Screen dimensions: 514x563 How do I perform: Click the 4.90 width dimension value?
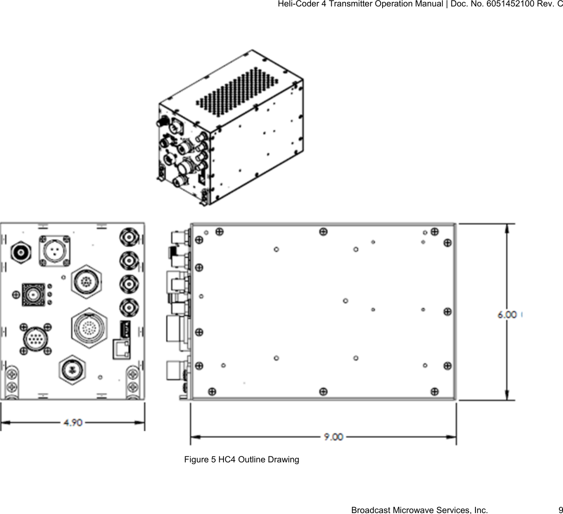tap(73, 422)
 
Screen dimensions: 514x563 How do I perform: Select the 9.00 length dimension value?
tap(333, 437)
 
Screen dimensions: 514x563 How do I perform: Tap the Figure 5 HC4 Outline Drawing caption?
tap(241, 460)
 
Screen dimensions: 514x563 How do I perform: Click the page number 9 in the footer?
tap(560, 510)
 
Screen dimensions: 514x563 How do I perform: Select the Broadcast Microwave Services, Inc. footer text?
tap(419, 510)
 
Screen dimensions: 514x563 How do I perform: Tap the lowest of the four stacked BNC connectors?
tap(129, 307)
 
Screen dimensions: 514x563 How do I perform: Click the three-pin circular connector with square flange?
tap(54, 251)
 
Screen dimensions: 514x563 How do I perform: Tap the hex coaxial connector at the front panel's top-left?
tap(21, 252)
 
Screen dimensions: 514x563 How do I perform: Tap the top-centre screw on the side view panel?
tap(323, 230)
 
